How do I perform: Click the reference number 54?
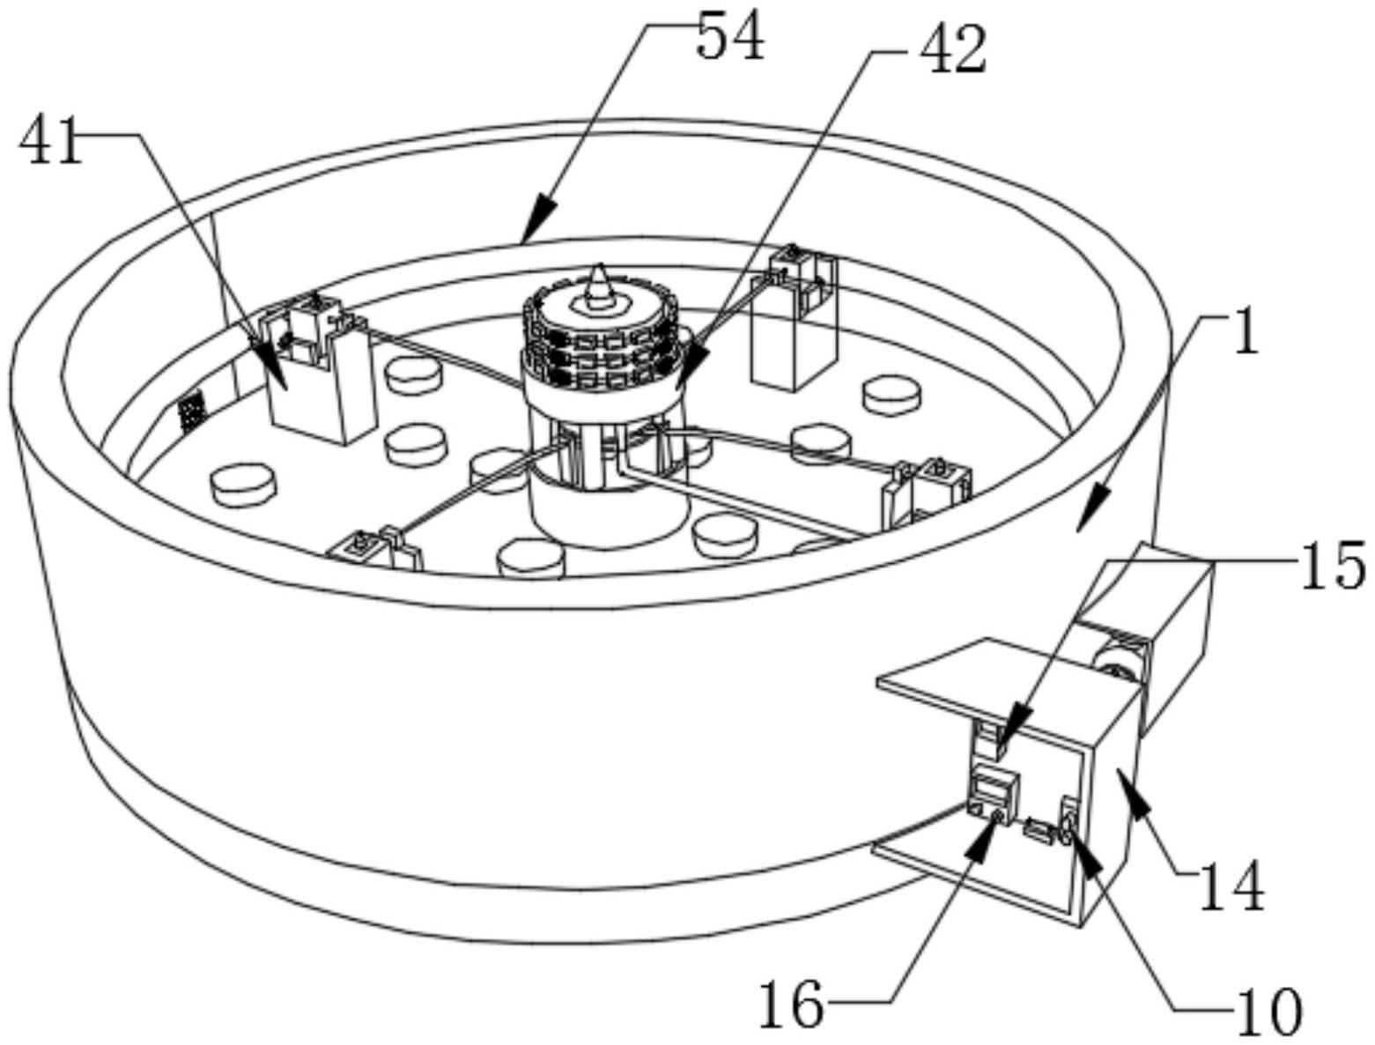(730, 38)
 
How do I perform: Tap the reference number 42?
(952, 50)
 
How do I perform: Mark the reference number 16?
(791, 1005)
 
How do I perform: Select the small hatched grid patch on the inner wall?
(191, 411)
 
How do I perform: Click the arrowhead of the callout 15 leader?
(1008, 724)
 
